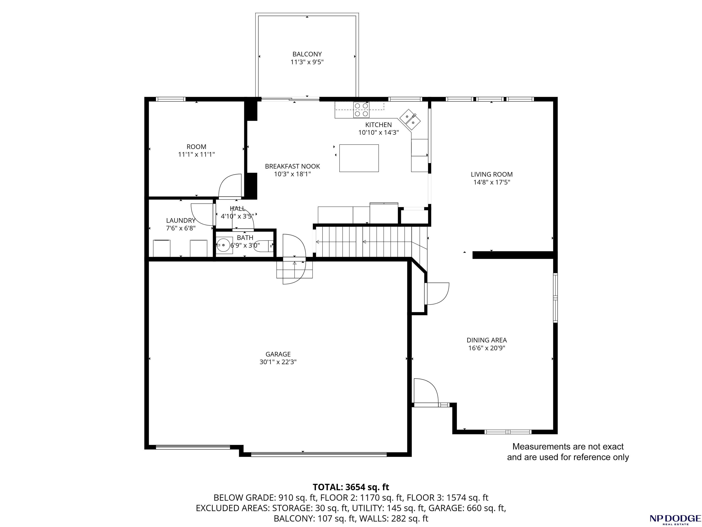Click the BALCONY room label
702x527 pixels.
pos(307,54)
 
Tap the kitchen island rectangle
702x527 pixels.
pos(359,158)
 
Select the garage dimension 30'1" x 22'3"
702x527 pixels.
pos(278,362)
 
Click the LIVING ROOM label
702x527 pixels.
pos(492,174)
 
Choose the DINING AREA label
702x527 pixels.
pos(487,340)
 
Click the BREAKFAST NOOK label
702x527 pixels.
pos(292,166)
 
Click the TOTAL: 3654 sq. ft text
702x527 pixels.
pos(351,487)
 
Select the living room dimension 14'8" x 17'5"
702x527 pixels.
pos(492,182)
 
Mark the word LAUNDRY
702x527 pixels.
pos(181,220)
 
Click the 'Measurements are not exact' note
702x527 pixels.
pos(568,447)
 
